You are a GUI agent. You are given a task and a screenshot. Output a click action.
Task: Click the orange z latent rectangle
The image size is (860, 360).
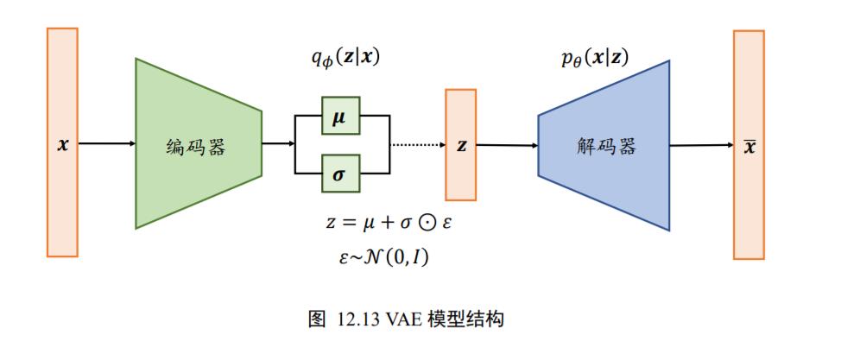click(x=461, y=144)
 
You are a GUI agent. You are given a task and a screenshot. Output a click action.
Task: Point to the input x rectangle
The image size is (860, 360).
click(x=62, y=142)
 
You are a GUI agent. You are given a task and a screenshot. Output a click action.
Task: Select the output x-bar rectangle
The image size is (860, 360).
click(x=749, y=145)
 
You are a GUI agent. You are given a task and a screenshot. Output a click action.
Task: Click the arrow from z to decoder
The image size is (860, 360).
click(x=508, y=145)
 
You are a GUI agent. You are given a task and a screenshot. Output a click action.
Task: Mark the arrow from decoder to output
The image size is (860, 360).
click(x=701, y=145)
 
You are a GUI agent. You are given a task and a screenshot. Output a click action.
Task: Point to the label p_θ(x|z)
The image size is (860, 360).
click(x=595, y=60)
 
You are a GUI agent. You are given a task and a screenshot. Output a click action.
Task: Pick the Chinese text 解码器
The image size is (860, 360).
click(x=606, y=146)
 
